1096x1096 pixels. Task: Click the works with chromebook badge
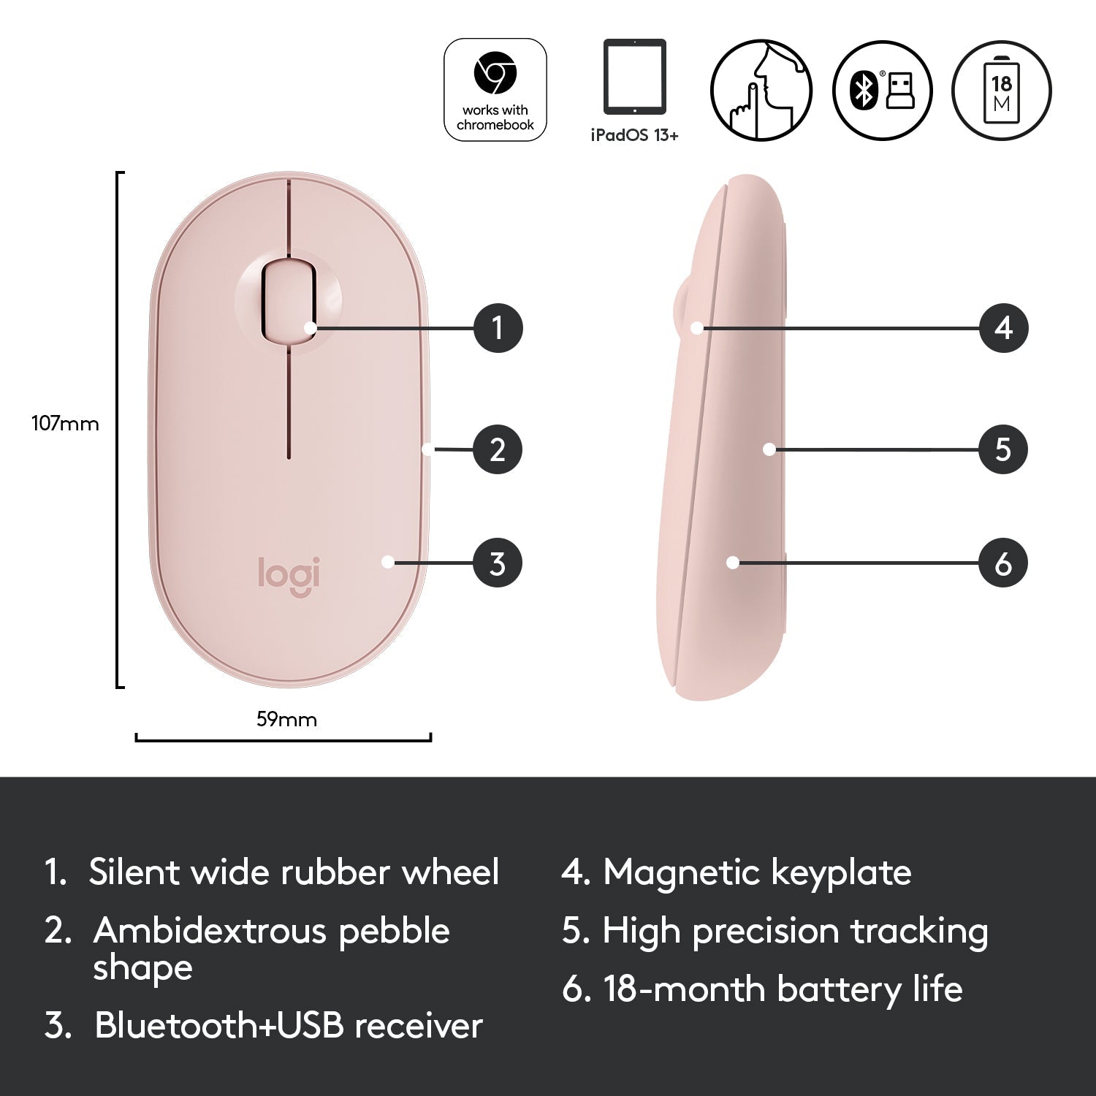(x=495, y=90)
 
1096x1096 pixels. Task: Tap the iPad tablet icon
(x=635, y=77)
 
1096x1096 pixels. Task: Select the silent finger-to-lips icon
(x=761, y=90)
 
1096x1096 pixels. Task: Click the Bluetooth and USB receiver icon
(x=883, y=90)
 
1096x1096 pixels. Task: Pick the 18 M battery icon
(x=1002, y=90)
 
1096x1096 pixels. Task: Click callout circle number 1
(x=498, y=327)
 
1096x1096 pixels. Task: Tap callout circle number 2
(x=498, y=449)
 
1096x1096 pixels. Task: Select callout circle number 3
(x=498, y=563)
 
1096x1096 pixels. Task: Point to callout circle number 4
(x=1004, y=327)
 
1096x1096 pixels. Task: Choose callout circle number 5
(x=1003, y=449)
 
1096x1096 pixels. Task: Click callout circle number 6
(x=1003, y=563)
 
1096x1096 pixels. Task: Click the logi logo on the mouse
(x=289, y=576)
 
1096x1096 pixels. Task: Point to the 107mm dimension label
(x=65, y=424)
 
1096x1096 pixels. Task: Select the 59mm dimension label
(x=286, y=720)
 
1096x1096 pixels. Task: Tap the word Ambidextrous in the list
(x=209, y=931)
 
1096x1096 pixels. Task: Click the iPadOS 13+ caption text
(x=635, y=135)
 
